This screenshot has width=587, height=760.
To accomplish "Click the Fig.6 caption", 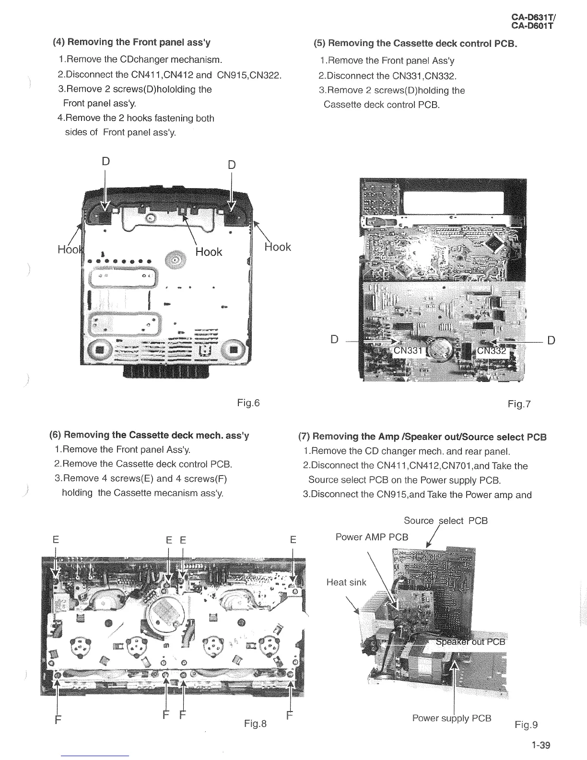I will coord(248,403).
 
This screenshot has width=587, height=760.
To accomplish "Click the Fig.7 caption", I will coord(519,404).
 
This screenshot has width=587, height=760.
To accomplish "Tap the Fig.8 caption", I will coord(255,723).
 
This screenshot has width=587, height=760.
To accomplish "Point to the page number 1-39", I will coord(541,745).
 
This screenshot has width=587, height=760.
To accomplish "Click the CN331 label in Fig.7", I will coord(408,351).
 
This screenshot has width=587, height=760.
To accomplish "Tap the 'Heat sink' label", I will coord(346,582).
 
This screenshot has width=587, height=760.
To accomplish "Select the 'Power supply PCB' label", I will coord(452,718).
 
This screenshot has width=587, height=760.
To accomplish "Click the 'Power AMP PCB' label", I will coord(372,537).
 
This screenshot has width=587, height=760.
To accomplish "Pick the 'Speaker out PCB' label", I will coord(470,642).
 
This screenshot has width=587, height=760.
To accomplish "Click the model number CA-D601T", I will coord(532,26).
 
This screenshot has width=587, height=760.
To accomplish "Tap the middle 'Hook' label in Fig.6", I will coord(209,252).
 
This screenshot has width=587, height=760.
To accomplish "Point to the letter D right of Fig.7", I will coord(551,341).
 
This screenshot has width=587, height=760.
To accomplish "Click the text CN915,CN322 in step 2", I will coord(249,75).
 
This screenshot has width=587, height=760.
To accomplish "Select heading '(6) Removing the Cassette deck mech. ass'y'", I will coord(149,436).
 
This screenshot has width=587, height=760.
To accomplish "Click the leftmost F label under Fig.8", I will coord(58,720).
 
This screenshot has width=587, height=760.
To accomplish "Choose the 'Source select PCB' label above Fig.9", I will coord(446,521).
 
